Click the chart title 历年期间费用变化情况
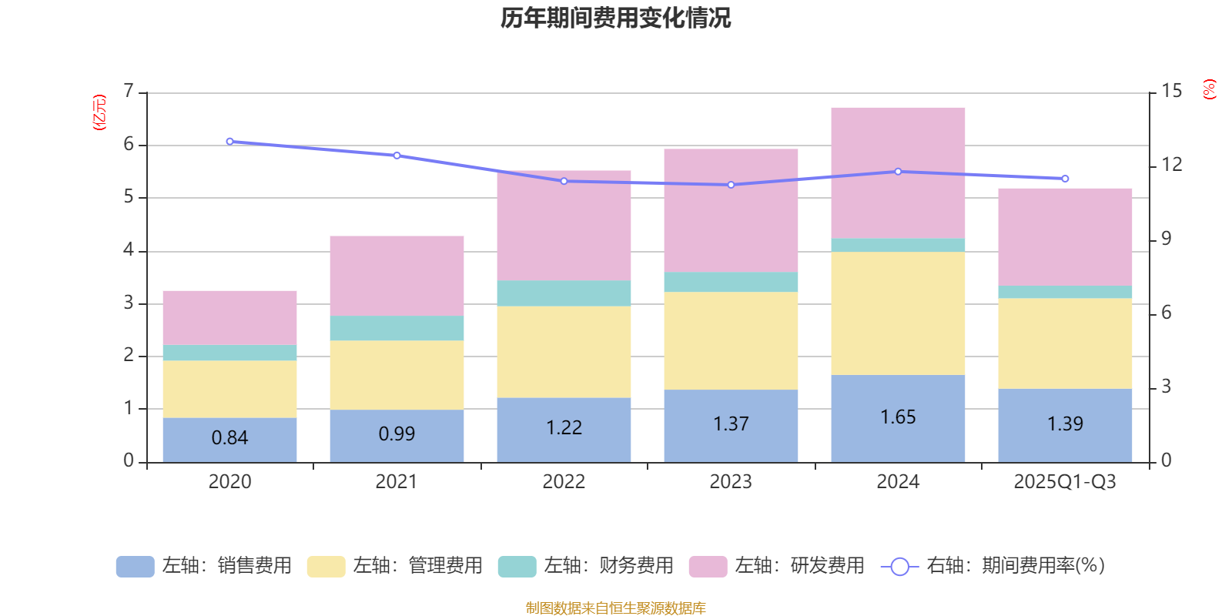tap(615, 18)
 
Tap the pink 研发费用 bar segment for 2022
tap(564, 225)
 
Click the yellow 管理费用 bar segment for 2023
tap(731, 340)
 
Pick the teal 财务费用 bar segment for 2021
tap(397, 328)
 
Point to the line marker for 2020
tap(229, 142)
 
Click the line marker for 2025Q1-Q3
tap(1065, 179)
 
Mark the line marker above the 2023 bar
tap(731, 185)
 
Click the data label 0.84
tap(229, 438)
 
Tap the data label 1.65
tap(898, 417)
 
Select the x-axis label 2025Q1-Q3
tap(1064, 482)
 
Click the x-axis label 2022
tap(564, 482)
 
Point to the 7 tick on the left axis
tap(129, 92)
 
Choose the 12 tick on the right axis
tap(1171, 165)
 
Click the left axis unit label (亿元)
tap(99, 112)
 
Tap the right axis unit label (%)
tap(1209, 89)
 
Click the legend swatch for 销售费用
tap(135, 566)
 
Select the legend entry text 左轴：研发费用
tap(799, 566)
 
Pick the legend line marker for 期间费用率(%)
tap(899, 567)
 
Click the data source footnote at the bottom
tap(615, 608)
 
